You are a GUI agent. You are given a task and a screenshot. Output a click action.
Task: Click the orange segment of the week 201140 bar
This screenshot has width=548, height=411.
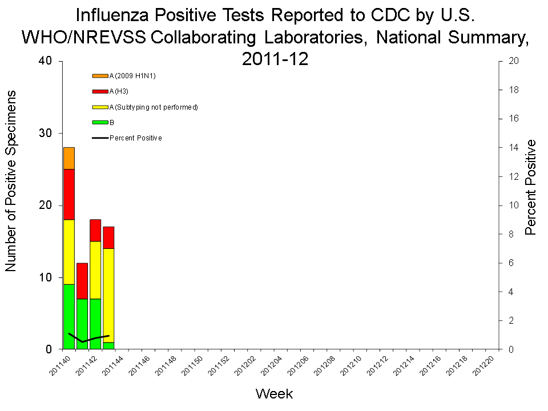69,158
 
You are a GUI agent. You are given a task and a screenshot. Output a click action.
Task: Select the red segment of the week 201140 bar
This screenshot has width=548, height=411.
69,194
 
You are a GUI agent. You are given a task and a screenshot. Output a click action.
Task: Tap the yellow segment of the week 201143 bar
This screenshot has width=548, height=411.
108,295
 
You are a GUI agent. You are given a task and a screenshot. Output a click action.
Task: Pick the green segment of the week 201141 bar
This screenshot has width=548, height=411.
82,324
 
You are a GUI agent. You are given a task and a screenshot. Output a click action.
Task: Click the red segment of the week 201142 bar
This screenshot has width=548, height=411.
95,230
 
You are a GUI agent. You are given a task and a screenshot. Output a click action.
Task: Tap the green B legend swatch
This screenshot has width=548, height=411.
100,122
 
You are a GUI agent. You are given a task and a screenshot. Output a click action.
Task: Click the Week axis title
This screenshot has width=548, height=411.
274,393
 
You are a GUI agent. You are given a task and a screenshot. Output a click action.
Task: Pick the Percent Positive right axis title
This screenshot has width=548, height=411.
531,187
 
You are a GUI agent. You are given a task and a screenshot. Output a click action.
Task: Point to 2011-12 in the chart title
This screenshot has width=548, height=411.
275,58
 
